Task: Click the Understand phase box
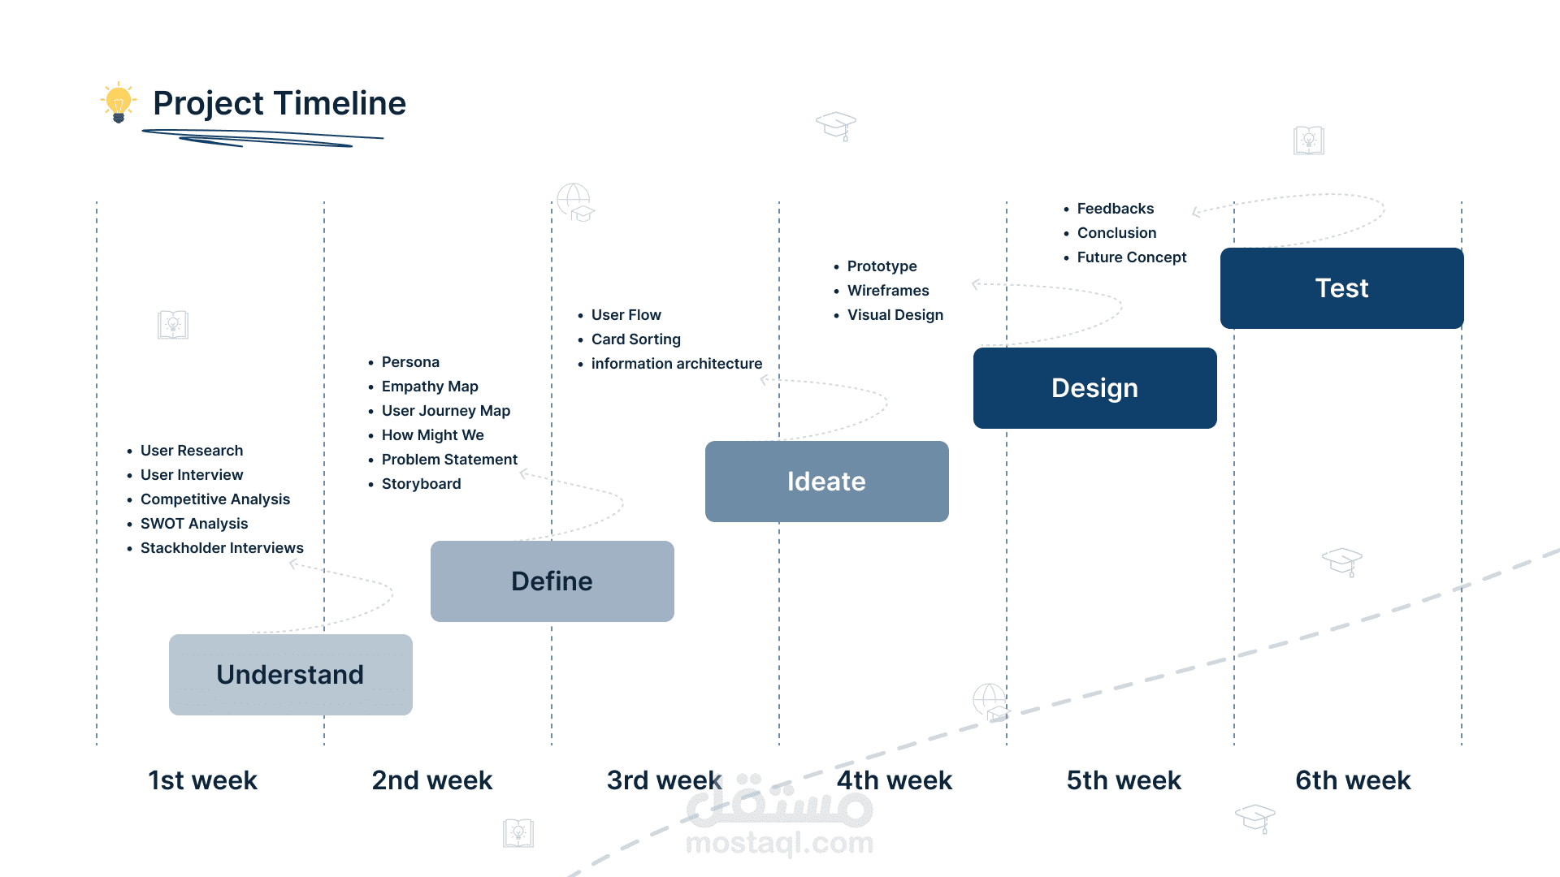tap(291, 675)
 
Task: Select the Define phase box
tap(552, 581)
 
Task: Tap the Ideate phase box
tap(827, 482)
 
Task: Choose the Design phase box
tap(1095, 388)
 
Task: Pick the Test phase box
tap(1342, 288)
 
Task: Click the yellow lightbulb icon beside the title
tap(119, 102)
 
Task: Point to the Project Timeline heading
tap(279, 103)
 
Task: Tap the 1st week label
tap(202, 780)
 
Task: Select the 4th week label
tap(895, 780)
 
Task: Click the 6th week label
tap(1353, 780)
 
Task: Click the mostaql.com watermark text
tap(780, 843)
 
